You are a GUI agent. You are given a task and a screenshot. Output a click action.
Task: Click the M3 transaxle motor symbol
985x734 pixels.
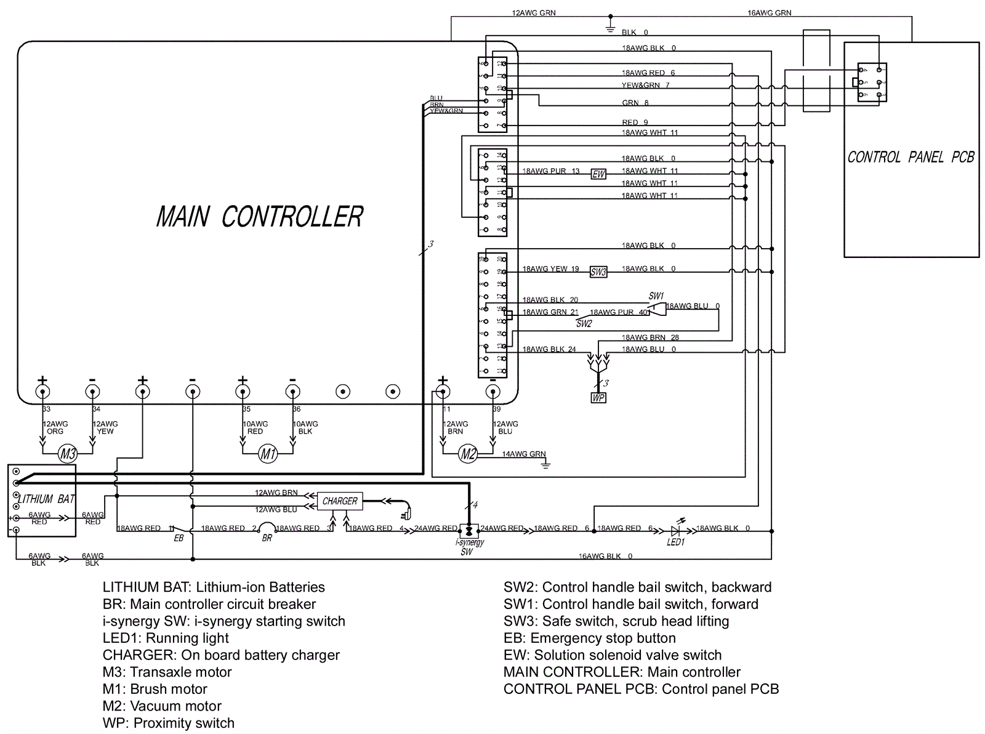pos(67,454)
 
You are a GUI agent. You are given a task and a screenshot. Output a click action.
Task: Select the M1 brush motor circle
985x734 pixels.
pos(268,454)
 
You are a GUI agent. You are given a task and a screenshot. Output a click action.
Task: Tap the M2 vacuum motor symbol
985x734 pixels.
pos(468,454)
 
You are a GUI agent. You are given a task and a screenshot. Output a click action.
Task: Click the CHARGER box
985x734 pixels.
pos(339,501)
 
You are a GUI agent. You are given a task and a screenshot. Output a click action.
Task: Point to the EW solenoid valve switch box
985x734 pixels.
pos(598,174)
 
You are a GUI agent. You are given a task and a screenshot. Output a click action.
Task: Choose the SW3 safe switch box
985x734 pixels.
pos(598,272)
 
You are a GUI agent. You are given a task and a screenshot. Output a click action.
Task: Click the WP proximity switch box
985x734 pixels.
pos(598,398)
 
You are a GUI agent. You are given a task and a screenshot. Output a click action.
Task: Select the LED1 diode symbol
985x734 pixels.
pos(675,530)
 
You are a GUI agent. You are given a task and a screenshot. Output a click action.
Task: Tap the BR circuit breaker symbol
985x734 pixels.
pos(267,529)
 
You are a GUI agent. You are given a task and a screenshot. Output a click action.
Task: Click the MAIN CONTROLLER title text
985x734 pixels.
pos(260,217)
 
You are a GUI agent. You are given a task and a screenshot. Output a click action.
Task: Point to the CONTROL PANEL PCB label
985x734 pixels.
pos(911,158)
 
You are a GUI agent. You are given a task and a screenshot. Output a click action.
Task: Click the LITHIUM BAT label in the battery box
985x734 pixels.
pos(46,499)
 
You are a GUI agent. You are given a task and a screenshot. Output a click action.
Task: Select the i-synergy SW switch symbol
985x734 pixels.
pos(470,530)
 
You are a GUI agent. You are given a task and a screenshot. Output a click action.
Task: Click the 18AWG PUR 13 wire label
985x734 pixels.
pos(551,171)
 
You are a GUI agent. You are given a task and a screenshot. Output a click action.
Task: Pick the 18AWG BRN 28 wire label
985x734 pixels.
pos(650,337)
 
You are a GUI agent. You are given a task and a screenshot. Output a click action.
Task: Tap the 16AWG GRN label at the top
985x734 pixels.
pos(769,13)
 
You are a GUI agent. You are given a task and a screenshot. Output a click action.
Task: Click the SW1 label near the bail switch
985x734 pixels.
pos(656,296)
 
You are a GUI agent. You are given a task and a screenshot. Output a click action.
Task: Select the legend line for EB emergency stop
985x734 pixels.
pos(589,638)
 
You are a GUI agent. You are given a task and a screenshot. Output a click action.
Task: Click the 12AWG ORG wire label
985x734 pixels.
pos(55,427)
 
